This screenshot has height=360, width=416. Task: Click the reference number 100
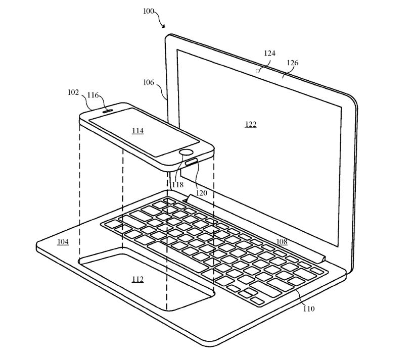(150, 11)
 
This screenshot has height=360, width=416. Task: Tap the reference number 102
(73, 92)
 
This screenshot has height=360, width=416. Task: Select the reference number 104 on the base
(63, 242)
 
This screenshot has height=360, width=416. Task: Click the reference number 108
(282, 242)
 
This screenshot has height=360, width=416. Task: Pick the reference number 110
(308, 308)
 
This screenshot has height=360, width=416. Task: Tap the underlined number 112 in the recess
(137, 279)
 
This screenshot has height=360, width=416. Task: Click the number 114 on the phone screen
(137, 131)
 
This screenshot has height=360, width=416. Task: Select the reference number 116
(93, 95)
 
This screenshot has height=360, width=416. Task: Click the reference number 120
(202, 193)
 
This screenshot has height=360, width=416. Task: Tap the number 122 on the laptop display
(250, 124)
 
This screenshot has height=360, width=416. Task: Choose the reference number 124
(269, 53)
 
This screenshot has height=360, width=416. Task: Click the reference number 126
(292, 63)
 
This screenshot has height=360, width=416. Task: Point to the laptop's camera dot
(258, 71)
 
